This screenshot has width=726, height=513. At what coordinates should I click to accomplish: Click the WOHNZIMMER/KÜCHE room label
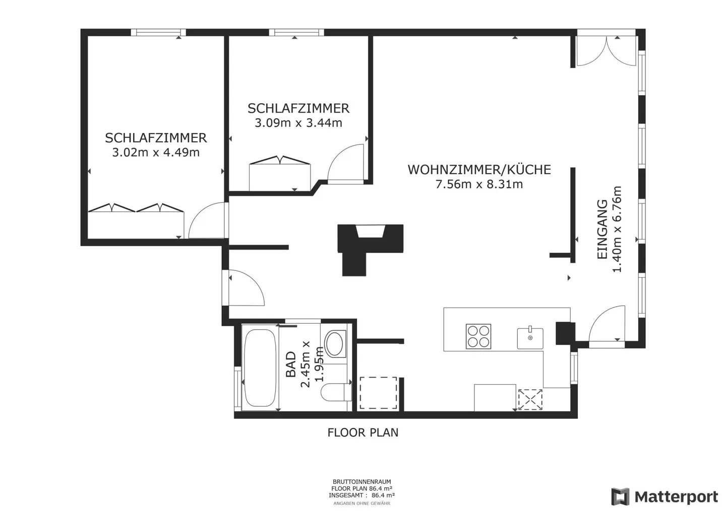(x=479, y=170)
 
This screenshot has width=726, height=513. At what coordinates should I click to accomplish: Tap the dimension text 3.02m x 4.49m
(x=156, y=152)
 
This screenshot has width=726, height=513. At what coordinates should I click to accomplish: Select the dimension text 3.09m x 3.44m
(x=298, y=123)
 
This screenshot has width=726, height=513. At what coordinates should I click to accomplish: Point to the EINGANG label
(x=602, y=229)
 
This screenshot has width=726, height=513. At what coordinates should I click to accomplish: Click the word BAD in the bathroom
(x=291, y=364)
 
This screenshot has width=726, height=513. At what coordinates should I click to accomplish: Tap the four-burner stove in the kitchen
(x=478, y=336)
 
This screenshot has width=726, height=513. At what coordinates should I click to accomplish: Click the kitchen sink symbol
(x=530, y=338)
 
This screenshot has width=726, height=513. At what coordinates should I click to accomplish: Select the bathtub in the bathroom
(x=260, y=368)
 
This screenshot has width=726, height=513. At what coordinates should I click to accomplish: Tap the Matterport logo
(x=664, y=496)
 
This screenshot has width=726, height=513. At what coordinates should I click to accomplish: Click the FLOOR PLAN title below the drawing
(x=362, y=432)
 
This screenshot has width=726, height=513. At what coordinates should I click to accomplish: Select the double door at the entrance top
(x=606, y=51)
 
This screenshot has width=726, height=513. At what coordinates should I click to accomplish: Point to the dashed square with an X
(x=530, y=399)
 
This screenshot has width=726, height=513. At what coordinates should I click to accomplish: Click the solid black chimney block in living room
(x=371, y=246)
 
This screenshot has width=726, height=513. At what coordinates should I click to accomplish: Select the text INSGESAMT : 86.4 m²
(x=361, y=495)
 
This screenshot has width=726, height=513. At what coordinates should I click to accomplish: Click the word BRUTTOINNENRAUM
(x=361, y=482)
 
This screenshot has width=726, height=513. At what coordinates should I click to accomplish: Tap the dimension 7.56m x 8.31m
(x=479, y=184)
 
